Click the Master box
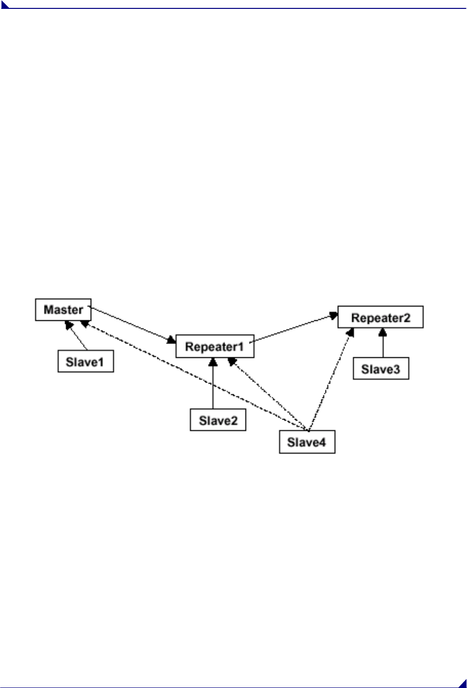coord(63,310)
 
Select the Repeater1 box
coord(215,346)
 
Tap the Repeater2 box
coord(380,317)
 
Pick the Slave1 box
coord(85,362)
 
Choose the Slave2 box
coord(218,420)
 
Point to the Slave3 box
coord(381,369)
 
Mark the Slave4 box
coord(307,442)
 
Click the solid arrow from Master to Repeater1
coord(133,324)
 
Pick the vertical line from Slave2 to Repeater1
coord(213,385)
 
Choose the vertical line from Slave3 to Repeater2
coord(383,345)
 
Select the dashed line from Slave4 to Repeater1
coord(269,395)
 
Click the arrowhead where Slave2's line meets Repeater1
coord(213,362)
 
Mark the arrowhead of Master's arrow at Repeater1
coord(172,340)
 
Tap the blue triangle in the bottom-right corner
coord(463,684)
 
